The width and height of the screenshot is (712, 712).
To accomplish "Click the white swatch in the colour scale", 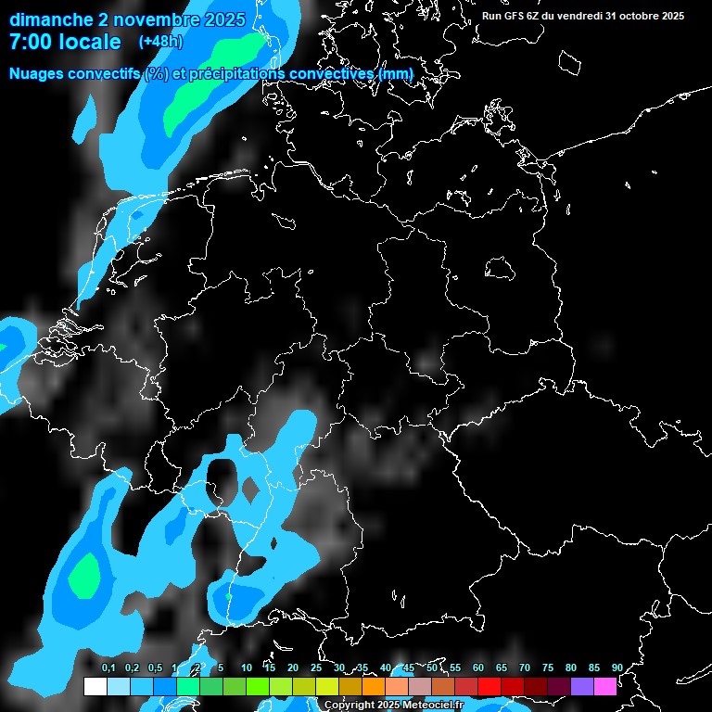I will (95, 686).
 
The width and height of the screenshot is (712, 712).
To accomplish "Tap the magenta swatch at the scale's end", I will (605, 686).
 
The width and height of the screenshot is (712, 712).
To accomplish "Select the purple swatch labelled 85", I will (582, 686).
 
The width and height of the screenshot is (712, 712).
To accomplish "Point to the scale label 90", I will (617, 667).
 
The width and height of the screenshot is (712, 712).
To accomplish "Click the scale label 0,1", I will (108, 667).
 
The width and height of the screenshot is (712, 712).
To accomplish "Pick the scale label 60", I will (478, 667).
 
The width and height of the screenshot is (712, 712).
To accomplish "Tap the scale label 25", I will (316, 667).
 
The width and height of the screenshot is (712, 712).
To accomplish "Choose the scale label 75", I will (548, 667).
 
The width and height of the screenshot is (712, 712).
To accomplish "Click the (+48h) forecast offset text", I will (160, 42).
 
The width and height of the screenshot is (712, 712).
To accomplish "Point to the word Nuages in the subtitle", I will (38, 73).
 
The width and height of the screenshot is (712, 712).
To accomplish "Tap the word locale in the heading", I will (91, 42).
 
